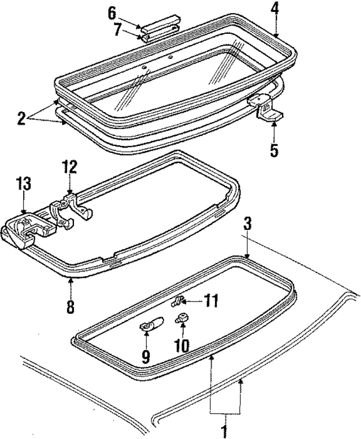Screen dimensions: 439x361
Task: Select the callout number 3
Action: tap(246, 224)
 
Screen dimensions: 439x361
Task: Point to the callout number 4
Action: tap(275, 9)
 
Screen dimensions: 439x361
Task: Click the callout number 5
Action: tap(274, 150)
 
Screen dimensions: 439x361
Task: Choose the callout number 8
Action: tap(71, 307)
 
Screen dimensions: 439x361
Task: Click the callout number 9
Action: tap(145, 356)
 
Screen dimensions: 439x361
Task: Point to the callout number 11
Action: tap(210, 302)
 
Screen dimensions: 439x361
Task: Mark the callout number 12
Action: tap(69, 167)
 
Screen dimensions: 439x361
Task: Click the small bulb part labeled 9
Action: tap(148, 326)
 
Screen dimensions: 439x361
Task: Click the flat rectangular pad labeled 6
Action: tap(160, 27)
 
